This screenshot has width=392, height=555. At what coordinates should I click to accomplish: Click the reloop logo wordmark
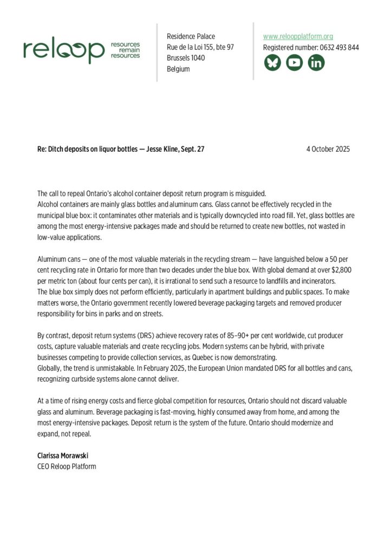coord(64,51)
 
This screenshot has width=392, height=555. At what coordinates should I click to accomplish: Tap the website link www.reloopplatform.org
coord(298,36)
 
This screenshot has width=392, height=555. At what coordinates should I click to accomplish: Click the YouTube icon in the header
coord(295,63)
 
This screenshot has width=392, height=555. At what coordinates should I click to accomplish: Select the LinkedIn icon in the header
coord(316,63)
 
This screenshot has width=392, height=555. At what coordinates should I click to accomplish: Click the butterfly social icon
coord(272,63)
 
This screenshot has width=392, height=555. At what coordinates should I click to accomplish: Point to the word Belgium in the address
coord(178,69)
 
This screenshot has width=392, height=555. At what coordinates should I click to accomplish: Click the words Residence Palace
coord(191,36)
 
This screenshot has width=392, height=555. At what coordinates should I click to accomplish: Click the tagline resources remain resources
coord(125,50)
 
